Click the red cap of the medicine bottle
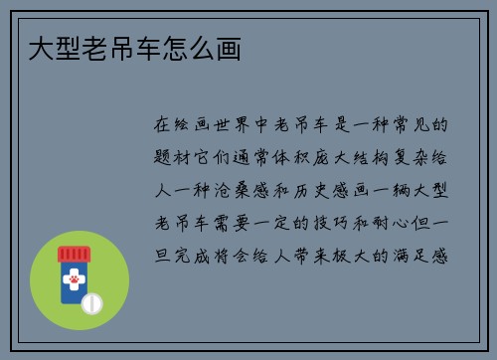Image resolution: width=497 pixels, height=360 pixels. [x=73, y=254]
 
